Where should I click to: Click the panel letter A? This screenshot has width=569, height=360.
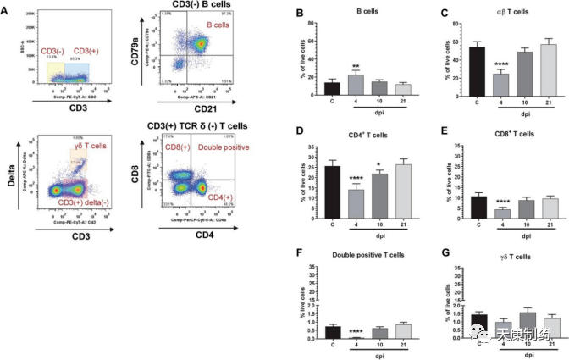click(x=8, y=12)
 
